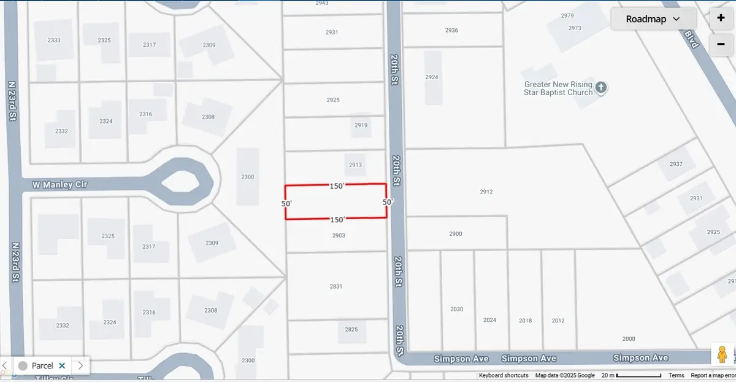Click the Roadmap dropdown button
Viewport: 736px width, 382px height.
(x=653, y=19)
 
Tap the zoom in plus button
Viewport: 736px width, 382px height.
(x=721, y=18)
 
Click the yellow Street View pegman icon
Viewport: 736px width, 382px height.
(x=722, y=356)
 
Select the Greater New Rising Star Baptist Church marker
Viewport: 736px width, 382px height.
(x=601, y=88)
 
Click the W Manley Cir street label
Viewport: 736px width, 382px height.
(x=61, y=184)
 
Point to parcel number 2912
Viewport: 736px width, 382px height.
(x=486, y=192)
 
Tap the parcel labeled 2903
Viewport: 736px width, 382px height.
(x=338, y=235)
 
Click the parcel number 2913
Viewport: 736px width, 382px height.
(x=355, y=165)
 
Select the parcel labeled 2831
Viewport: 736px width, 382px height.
(x=336, y=286)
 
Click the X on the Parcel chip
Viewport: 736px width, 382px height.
(x=62, y=365)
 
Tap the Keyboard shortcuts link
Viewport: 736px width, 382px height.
(x=504, y=375)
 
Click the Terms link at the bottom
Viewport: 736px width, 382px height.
(x=677, y=375)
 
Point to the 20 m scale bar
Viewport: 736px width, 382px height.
(x=638, y=375)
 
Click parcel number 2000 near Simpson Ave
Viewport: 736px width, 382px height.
(x=629, y=339)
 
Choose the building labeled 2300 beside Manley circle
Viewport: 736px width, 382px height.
(x=248, y=177)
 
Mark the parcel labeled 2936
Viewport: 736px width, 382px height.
(x=451, y=30)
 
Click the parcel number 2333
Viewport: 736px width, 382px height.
(x=54, y=40)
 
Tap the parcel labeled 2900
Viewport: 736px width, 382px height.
(x=455, y=233)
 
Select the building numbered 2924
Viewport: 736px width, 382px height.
(x=432, y=77)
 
